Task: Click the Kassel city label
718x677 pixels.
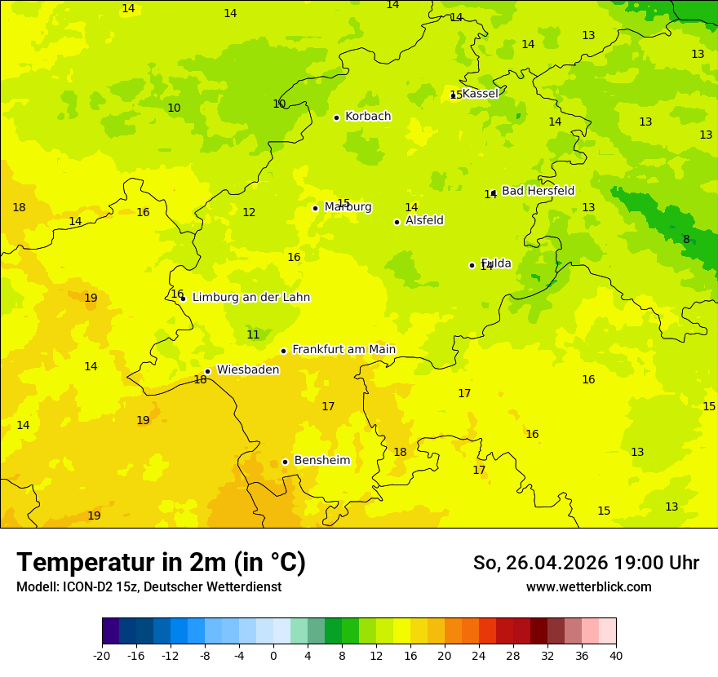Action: (480, 94)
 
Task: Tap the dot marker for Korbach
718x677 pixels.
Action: (336, 117)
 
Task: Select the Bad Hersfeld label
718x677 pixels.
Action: (538, 191)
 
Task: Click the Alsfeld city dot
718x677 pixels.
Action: (397, 222)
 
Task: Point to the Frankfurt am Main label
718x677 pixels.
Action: (343, 350)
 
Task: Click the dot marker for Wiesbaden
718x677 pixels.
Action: (208, 371)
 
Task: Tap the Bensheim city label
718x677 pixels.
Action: (321, 461)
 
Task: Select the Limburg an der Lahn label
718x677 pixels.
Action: (250, 298)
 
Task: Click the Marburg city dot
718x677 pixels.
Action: (316, 208)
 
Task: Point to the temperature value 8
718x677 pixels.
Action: (686, 239)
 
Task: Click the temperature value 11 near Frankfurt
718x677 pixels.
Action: (253, 335)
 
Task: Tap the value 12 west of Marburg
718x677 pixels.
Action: (249, 213)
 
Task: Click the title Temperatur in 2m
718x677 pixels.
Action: (161, 563)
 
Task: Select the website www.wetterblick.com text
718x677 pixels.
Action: (588, 587)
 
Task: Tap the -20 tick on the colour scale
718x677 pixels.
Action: (102, 656)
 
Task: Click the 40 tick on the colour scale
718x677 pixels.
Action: (616, 656)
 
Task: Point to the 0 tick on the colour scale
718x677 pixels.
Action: (273, 656)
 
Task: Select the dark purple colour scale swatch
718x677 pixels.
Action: (110, 631)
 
